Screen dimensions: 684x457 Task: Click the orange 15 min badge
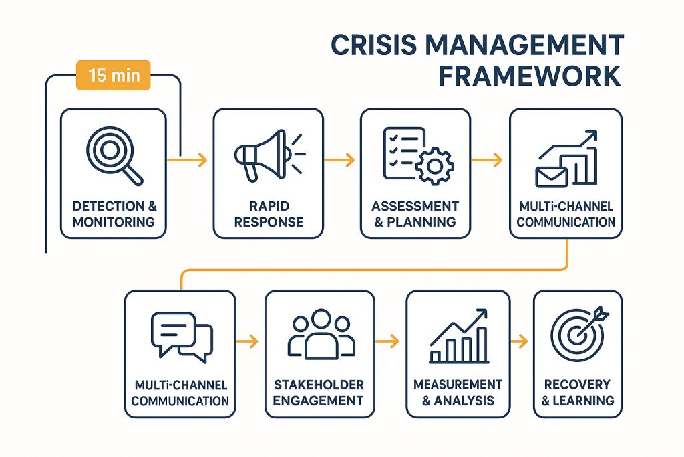114,75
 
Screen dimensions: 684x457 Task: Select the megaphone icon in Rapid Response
269,155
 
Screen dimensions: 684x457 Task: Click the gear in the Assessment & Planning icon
434,166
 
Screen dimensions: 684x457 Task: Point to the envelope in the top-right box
551,177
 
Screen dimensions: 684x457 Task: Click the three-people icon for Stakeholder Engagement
321,335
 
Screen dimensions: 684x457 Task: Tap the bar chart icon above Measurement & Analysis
459,336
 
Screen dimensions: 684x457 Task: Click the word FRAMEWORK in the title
529,76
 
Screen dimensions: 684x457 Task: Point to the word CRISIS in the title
374,45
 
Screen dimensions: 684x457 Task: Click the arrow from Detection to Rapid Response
187,160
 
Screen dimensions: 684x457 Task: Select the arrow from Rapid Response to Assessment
339,160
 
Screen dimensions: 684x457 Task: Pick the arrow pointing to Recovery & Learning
519,341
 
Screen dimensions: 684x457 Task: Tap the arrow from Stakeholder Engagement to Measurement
387,341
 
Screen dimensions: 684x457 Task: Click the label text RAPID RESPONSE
269,214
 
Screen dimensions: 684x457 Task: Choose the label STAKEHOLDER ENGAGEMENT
319,393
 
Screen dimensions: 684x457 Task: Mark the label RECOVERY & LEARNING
578,393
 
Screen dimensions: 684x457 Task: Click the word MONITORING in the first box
114,222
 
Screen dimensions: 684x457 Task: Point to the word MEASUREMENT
458,385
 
